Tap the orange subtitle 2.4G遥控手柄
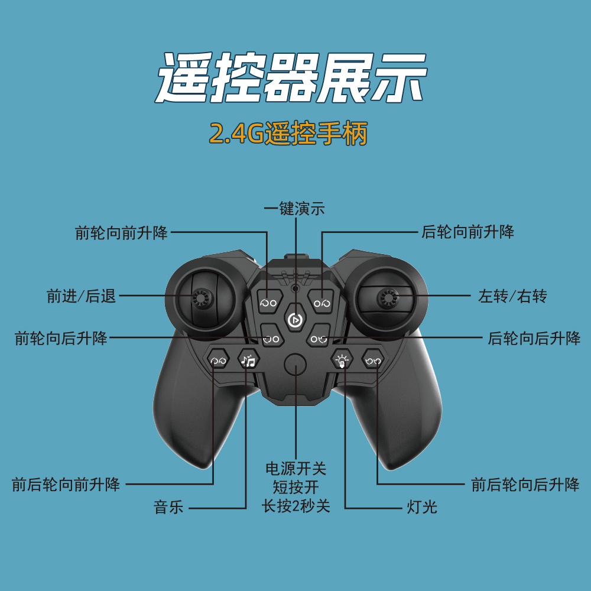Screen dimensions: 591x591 coord(288,134)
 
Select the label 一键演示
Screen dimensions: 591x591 coord(294,209)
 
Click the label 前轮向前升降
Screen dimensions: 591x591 coord(122,232)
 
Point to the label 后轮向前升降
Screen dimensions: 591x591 coord(467,232)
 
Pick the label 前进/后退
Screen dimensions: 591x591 coord(82,296)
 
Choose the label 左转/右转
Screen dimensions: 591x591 coord(513,296)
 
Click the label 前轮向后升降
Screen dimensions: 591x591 coord(61,339)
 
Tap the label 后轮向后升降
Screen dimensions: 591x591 coord(534,339)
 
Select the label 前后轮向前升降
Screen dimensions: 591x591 coord(66,485)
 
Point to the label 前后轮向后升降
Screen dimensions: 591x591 coord(525,485)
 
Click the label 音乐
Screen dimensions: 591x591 coord(169,507)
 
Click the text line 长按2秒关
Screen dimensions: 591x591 coord(295,506)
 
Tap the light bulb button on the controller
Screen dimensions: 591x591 coord(342,359)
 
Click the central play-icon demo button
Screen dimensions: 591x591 coord(294,320)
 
